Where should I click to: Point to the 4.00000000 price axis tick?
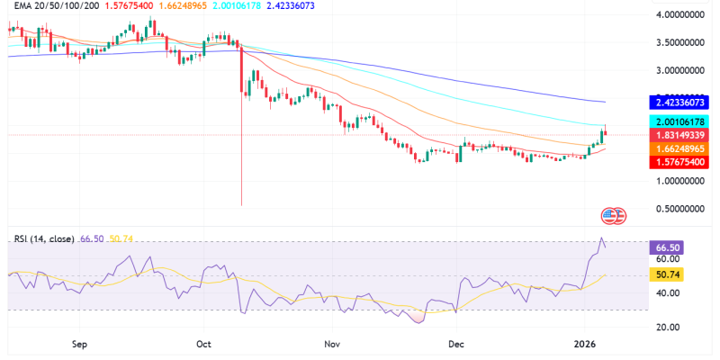coord(679,15)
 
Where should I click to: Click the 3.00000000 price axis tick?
coord(679,70)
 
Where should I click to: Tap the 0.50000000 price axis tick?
coord(679,208)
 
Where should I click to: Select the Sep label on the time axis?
coord(78,344)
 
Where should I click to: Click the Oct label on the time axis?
coord(204,344)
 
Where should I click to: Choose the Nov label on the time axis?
coord(333,344)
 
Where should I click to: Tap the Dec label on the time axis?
coord(456,344)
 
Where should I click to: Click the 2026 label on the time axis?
coord(588,344)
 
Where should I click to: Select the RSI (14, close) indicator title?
coord(44,240)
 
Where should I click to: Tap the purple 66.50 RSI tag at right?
coord(667,245)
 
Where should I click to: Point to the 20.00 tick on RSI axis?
coord(667,327)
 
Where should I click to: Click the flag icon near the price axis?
coord(612,215)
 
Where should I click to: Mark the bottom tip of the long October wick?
coord(242,205)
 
